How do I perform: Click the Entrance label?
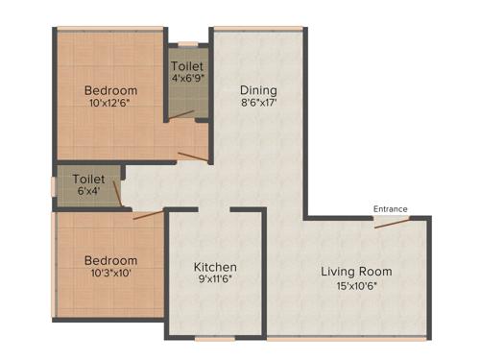[391, 208]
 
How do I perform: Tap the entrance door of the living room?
[392, 221]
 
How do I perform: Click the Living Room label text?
[356, 272]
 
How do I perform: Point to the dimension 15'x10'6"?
[356, 285]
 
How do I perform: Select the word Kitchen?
[215, 267]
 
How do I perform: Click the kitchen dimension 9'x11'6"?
[215, 280]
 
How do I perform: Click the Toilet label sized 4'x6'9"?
[187, 66]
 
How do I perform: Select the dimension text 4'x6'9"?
[187, 79]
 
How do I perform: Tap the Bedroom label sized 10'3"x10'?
[109, 260]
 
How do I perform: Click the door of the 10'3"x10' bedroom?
[149, 213]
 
